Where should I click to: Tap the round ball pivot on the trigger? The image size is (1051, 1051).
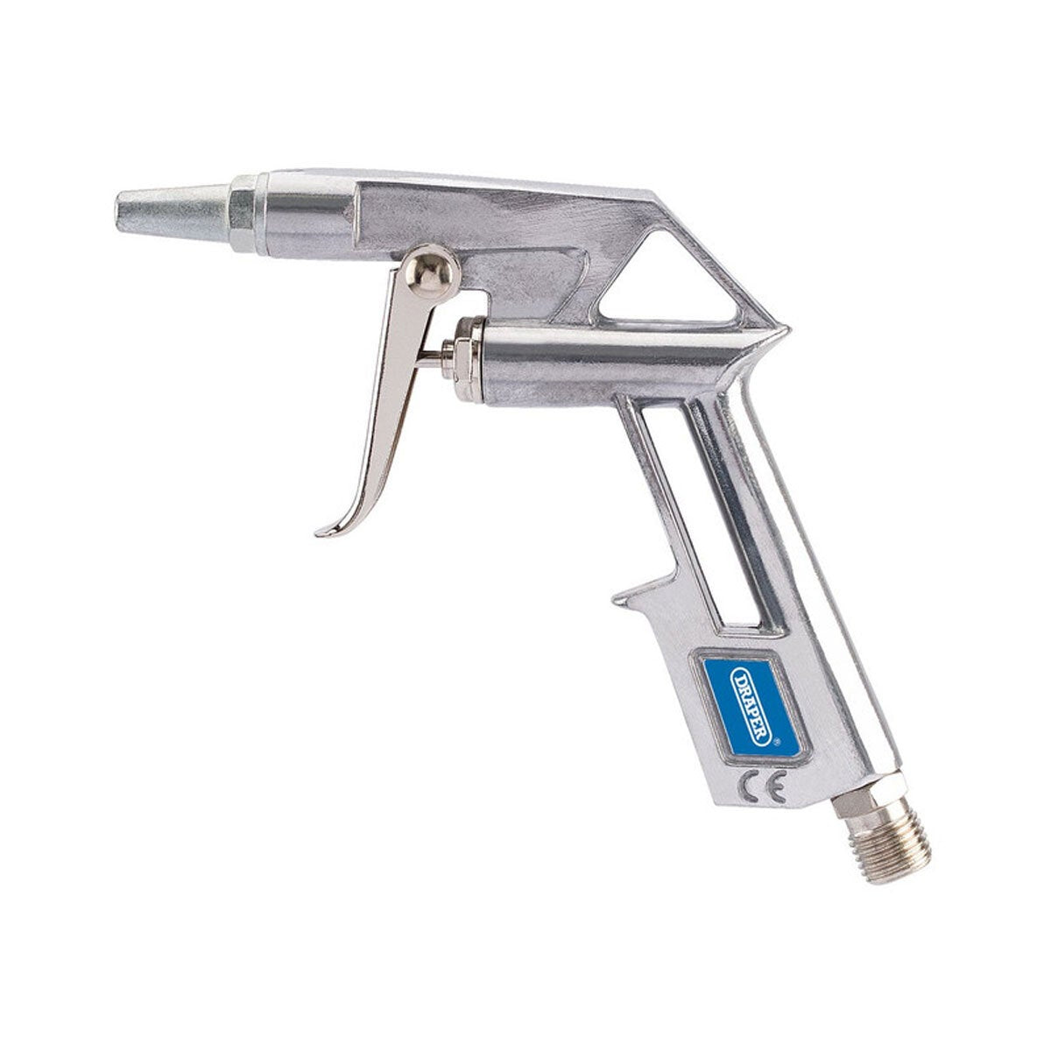434,272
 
